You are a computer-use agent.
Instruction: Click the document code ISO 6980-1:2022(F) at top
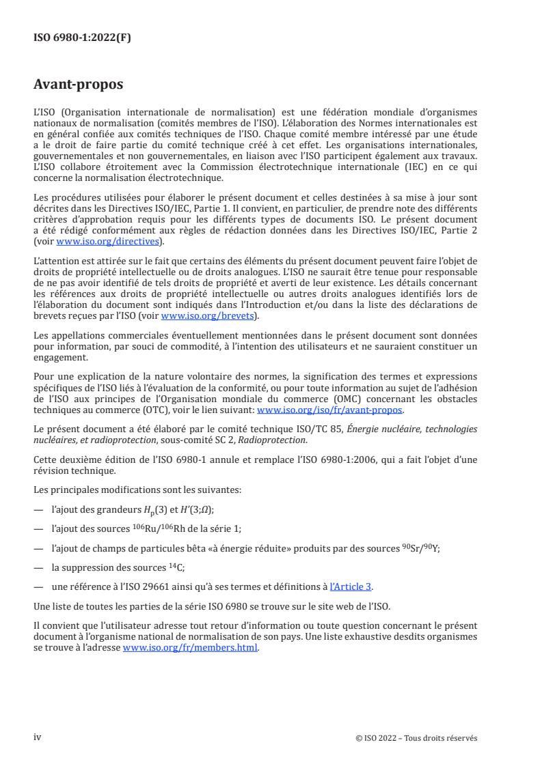(82, 38)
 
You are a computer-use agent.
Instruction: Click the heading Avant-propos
(79, 85)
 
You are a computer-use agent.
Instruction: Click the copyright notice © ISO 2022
(378, 738)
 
